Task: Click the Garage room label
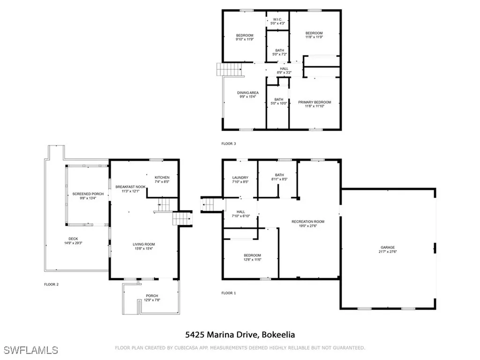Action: [x=388, y=249]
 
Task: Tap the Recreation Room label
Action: [x=308, y=224]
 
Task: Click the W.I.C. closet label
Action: [x=277, y=22]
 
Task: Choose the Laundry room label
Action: [x=240, y=180]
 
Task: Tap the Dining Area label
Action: [x=247, y=95]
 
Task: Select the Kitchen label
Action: [x=162, y=179]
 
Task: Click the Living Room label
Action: [x=144, y=246]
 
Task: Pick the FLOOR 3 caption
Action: [x=229, y=143]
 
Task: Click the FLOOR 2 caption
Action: [x=51, y=284]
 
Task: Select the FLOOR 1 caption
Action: [x=229, y=293]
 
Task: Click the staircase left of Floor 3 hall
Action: [x=230, y=70]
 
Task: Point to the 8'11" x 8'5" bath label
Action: [x=279, y=177]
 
